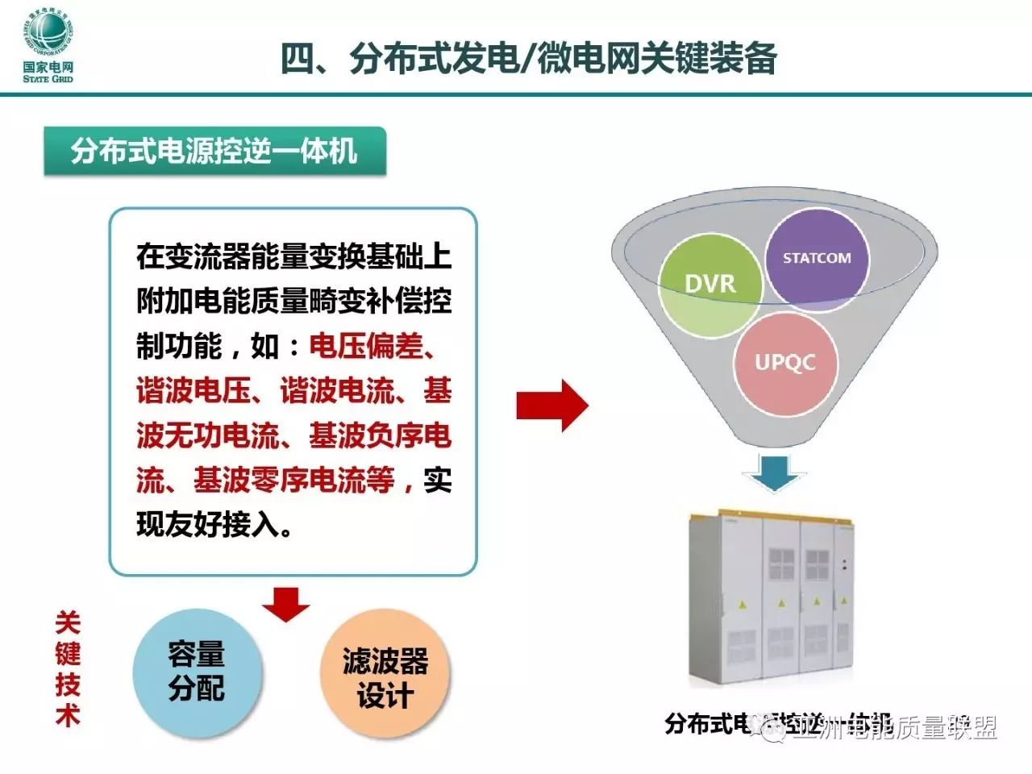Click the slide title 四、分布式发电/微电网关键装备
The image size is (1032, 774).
point(528,59)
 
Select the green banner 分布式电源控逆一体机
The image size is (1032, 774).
point(214,151)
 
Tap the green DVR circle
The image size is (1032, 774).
point(709,284)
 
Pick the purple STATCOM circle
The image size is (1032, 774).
point(817,258)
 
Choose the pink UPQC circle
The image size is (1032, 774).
point(784,362)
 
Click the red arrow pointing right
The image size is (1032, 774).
point(552,406)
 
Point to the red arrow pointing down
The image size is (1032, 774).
point(285,604)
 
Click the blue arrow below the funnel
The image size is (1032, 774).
point(775,472)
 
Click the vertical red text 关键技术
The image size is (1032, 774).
point(68,669)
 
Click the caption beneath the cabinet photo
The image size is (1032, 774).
point(778,723)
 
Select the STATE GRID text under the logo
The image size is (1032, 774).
point(48,79)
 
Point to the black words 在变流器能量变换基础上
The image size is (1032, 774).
point(293,256)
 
